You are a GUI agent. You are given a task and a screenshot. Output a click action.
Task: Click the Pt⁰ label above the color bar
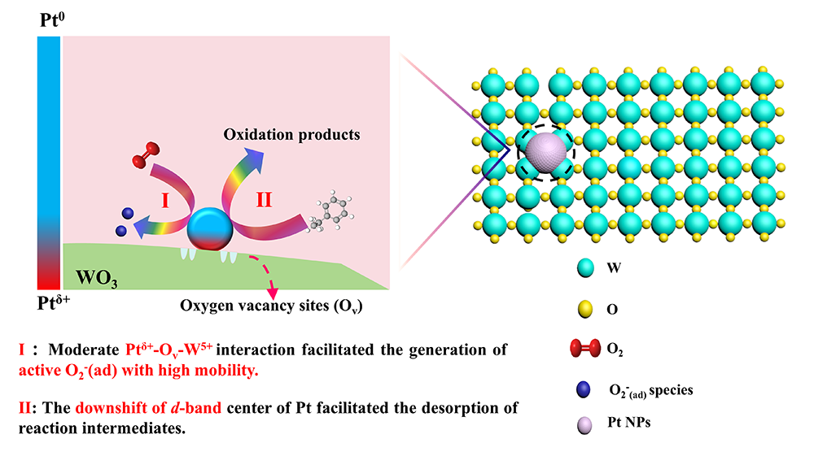point(50,19)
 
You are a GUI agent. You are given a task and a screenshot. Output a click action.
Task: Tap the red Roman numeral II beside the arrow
point(263,201)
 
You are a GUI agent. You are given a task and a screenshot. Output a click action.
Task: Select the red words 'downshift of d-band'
point(148,407)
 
